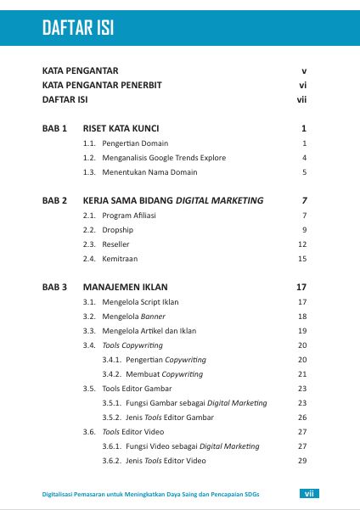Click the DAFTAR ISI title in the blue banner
point(78,30)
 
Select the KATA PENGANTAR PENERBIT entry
point(102,85)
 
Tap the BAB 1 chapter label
point(55,129)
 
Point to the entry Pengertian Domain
point(135,143)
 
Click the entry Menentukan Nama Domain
point(149,172)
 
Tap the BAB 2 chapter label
point(55,201)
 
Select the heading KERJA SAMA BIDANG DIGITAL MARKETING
point(173,201)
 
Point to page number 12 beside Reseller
point(301,244)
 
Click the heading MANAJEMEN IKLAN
point(123,288)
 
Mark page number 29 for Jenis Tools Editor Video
point(301,461)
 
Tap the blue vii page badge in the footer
point(312,493)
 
